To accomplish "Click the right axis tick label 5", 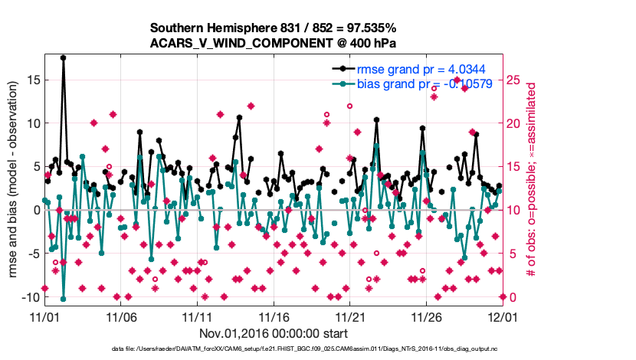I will point(513,254).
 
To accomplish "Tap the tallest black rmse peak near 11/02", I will point(63,57).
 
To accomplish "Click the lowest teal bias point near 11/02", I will point(63,299).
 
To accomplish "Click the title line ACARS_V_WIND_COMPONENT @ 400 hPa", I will point(274,44).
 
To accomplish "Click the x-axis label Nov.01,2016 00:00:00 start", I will point(274,333).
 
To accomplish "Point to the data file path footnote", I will point(274,349).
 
